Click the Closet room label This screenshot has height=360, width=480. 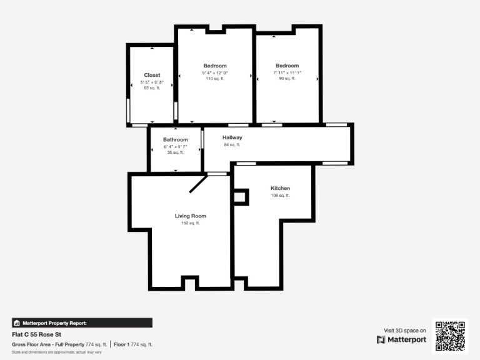click(x=152, y=75)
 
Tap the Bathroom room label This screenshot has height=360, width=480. click(x=176, y=139)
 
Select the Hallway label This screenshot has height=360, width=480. click(x=232, y=137)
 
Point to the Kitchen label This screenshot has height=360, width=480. click(x=280, y=188)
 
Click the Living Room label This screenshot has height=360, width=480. click(x=191, y=216)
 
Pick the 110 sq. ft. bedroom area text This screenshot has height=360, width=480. click(x=215, y=79)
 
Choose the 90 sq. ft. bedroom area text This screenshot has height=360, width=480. click(x=287, y=78)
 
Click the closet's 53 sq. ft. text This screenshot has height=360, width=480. click(x=152, y=88)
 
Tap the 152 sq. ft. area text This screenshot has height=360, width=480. click(x=191, y=223)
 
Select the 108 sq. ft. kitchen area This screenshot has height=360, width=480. click(x=280, y=195)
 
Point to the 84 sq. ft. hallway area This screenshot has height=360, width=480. click(x=232, y=144)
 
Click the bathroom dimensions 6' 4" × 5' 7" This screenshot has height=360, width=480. click(x=176, y=147)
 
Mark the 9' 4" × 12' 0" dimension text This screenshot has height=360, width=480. click(x=215, y=73)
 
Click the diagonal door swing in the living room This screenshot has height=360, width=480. click(x=198, y=184)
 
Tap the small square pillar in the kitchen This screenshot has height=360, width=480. click(x=241, y=197)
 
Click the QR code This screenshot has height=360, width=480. click(x=450, y=336)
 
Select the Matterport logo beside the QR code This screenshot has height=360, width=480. click(x=381, y=340)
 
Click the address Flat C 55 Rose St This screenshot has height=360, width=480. click(x=36, y=334)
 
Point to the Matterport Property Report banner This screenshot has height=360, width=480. click(x=82, y=323)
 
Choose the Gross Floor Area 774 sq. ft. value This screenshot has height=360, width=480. click(x=96, y=345)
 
